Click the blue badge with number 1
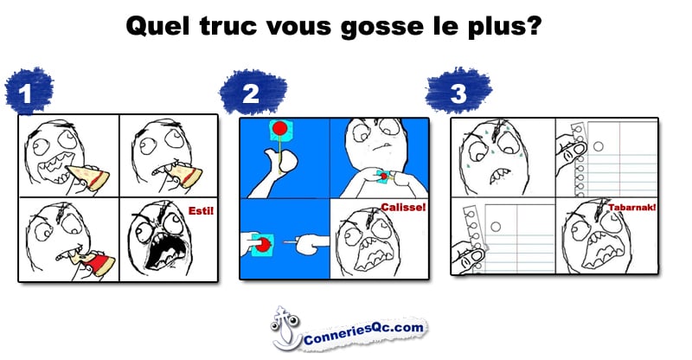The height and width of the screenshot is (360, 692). pos(29,92)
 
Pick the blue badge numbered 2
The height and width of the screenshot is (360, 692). pos(253,93)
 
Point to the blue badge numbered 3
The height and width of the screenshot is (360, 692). pos(458,92)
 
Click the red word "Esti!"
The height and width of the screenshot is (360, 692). pos(201,210)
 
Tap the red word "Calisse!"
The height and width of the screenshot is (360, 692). pos(403,207)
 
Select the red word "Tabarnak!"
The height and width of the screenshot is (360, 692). pos(632,207)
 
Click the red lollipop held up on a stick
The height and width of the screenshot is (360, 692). pos(279,129)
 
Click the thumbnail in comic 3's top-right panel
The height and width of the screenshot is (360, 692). pos(578,149)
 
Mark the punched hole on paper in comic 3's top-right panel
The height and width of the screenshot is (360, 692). pos(599,145)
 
